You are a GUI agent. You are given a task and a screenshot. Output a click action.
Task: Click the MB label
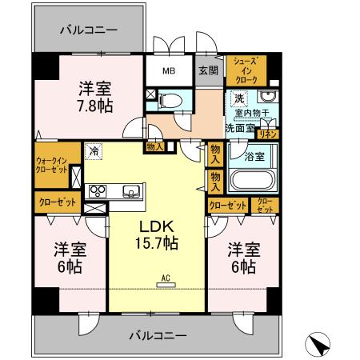click(x=170, y=70)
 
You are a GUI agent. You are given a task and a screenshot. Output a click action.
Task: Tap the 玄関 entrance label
click(x=208, y=70)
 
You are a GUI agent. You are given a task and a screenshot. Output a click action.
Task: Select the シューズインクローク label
click(x=245, y=70)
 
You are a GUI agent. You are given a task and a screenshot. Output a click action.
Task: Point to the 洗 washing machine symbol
click(x=238, y=98)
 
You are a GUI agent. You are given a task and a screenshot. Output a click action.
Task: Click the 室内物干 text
click(x=253, y=114)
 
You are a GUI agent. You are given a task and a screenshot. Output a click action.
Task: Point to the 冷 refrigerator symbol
click(x=94, y=150)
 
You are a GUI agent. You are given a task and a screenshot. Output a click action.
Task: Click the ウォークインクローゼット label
click(x=50, y=165)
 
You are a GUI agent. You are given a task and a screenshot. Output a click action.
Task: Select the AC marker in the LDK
click(x=166, y=278)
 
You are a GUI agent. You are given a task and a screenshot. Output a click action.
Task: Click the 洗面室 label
click(x=238, y=127)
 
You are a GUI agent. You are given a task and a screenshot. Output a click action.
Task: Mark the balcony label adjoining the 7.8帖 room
click(x=89, y=30)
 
